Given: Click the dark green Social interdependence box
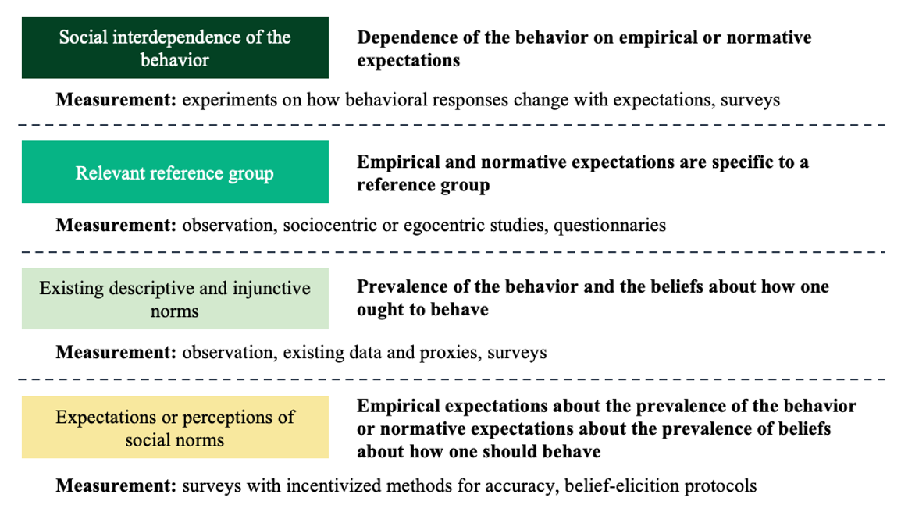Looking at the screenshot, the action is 175,48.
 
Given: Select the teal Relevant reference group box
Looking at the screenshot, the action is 175,172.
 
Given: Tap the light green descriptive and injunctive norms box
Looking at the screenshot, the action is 175,298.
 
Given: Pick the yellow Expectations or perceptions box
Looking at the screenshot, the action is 175,427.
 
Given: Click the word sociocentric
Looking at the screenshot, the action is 329,225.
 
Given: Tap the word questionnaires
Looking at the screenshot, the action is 610,226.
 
